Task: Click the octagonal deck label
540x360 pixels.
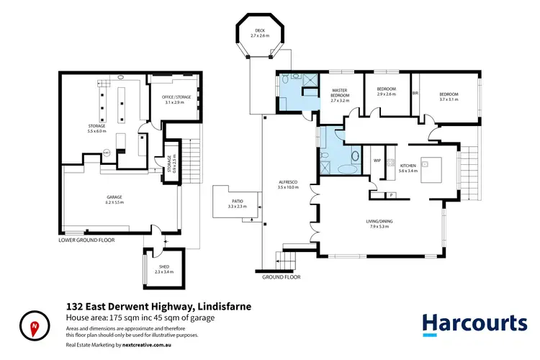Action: [x=260, y=32]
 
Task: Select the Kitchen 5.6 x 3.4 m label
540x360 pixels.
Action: [x=408, y=168]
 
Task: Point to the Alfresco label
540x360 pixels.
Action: [x=288, y=184]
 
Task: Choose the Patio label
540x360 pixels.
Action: [x=237, y=204]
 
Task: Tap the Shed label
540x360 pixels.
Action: [x=164, y=269]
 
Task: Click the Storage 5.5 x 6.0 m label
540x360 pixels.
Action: [x=96, y=129]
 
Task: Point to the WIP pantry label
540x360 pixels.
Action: [x=377, y=161]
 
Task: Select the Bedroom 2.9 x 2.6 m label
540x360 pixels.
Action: [x=387, y=93]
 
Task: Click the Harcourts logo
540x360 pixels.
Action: [x=474, y=323]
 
